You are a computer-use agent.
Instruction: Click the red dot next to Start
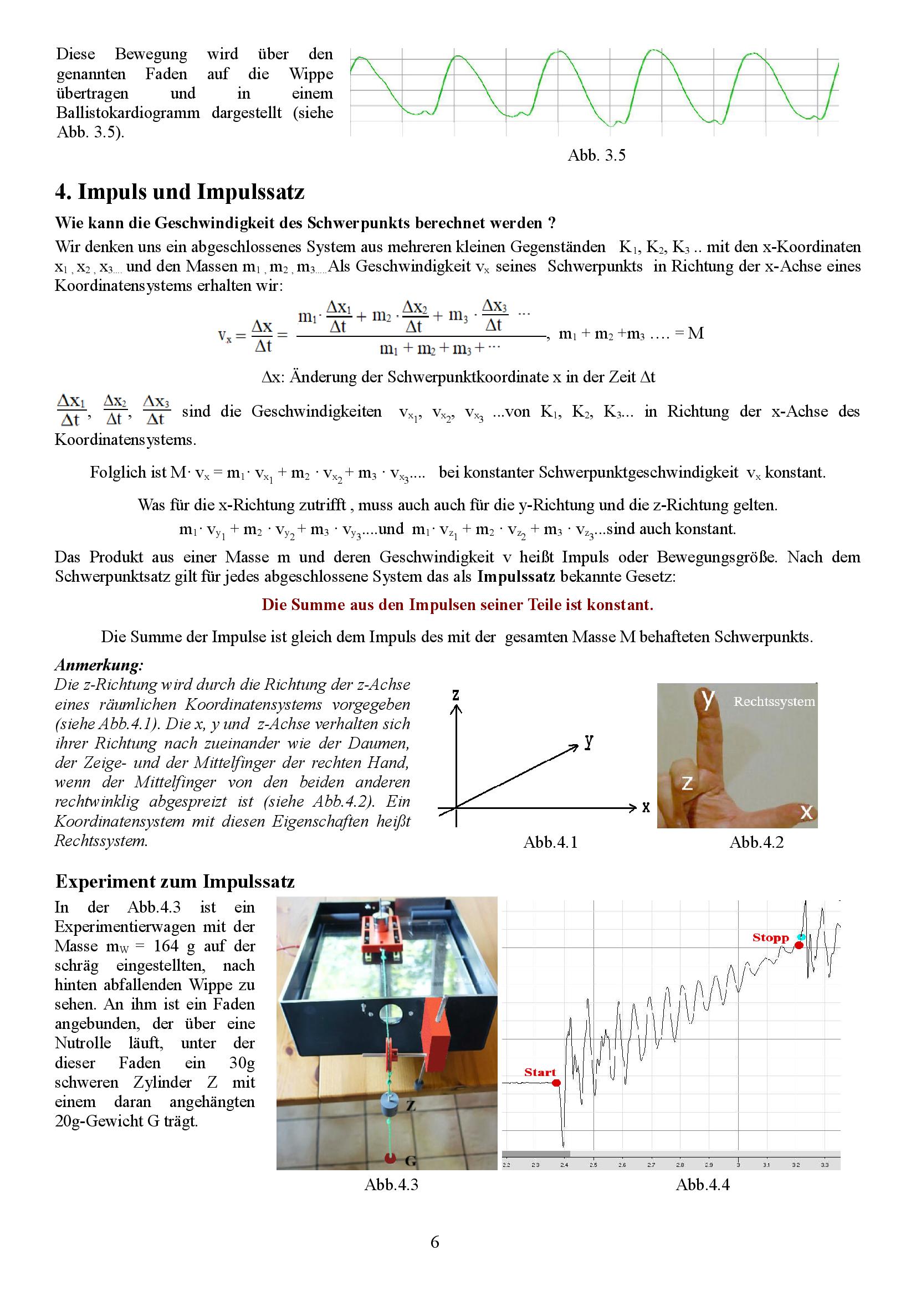click(556, 1083)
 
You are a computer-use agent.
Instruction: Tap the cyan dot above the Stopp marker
click(801, 937)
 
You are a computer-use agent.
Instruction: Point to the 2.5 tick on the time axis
click(593, 1165)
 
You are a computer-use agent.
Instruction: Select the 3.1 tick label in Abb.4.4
click(766, 1165)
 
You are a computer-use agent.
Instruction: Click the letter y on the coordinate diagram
click(589, 742)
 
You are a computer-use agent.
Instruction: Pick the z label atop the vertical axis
click(456, 695)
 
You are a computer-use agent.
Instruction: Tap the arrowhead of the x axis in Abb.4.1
click(632, 808)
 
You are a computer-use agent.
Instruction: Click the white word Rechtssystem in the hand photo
click(774, 701)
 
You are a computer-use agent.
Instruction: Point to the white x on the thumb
click(806, 812)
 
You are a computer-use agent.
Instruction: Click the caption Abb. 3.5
click(596, 155)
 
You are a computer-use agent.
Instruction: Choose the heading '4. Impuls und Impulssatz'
click(180, 192)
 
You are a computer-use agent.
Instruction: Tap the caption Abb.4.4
click(702, 1184)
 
